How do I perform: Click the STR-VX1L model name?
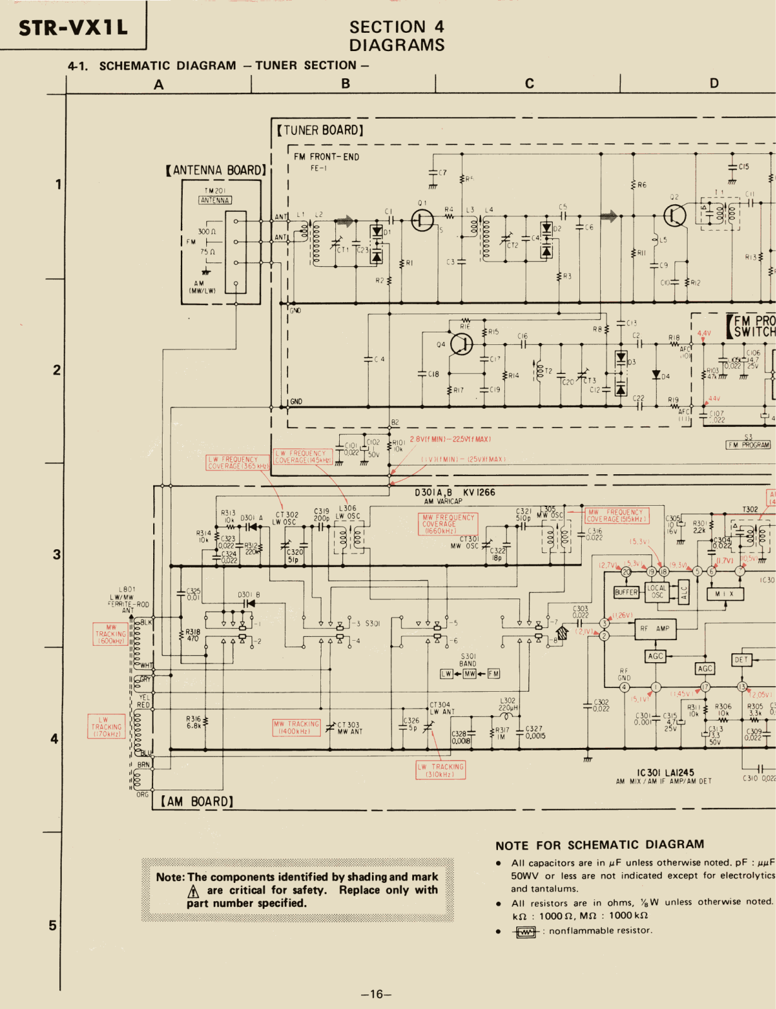click(x=73, y=28)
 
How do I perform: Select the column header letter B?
click(x=345, y=83)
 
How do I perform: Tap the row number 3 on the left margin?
click(x=57, y=554)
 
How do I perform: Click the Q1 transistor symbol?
click(x=422, y=220)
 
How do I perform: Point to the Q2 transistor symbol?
click(x=675, y=216)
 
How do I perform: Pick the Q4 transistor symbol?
click(x=462, y=344)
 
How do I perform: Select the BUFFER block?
click(x=627, y=592)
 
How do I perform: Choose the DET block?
click(x=741, y=660)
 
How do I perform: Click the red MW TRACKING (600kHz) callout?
click(x=110, y=634)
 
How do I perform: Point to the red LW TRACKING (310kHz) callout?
click(x=441, y=770)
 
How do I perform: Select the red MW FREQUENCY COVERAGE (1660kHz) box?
click(x=448, y=524)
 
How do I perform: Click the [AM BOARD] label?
click(x=197, y=802)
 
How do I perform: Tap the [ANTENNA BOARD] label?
click(x=216, y=170)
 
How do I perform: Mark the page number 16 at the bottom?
click(x=376, y=994)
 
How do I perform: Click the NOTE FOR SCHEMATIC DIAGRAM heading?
click(x=599, y=845)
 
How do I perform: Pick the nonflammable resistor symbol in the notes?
click(x=526, y=931)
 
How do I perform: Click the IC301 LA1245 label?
click(x=665, y=773)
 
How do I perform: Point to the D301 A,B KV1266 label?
click(x=455, y=493)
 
